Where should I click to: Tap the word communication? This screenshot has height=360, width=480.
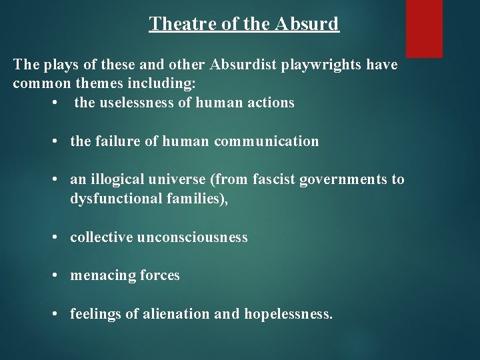point(273,141)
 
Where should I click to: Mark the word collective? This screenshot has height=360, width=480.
point(101,237)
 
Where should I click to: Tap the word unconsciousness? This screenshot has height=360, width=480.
point(192,237)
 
